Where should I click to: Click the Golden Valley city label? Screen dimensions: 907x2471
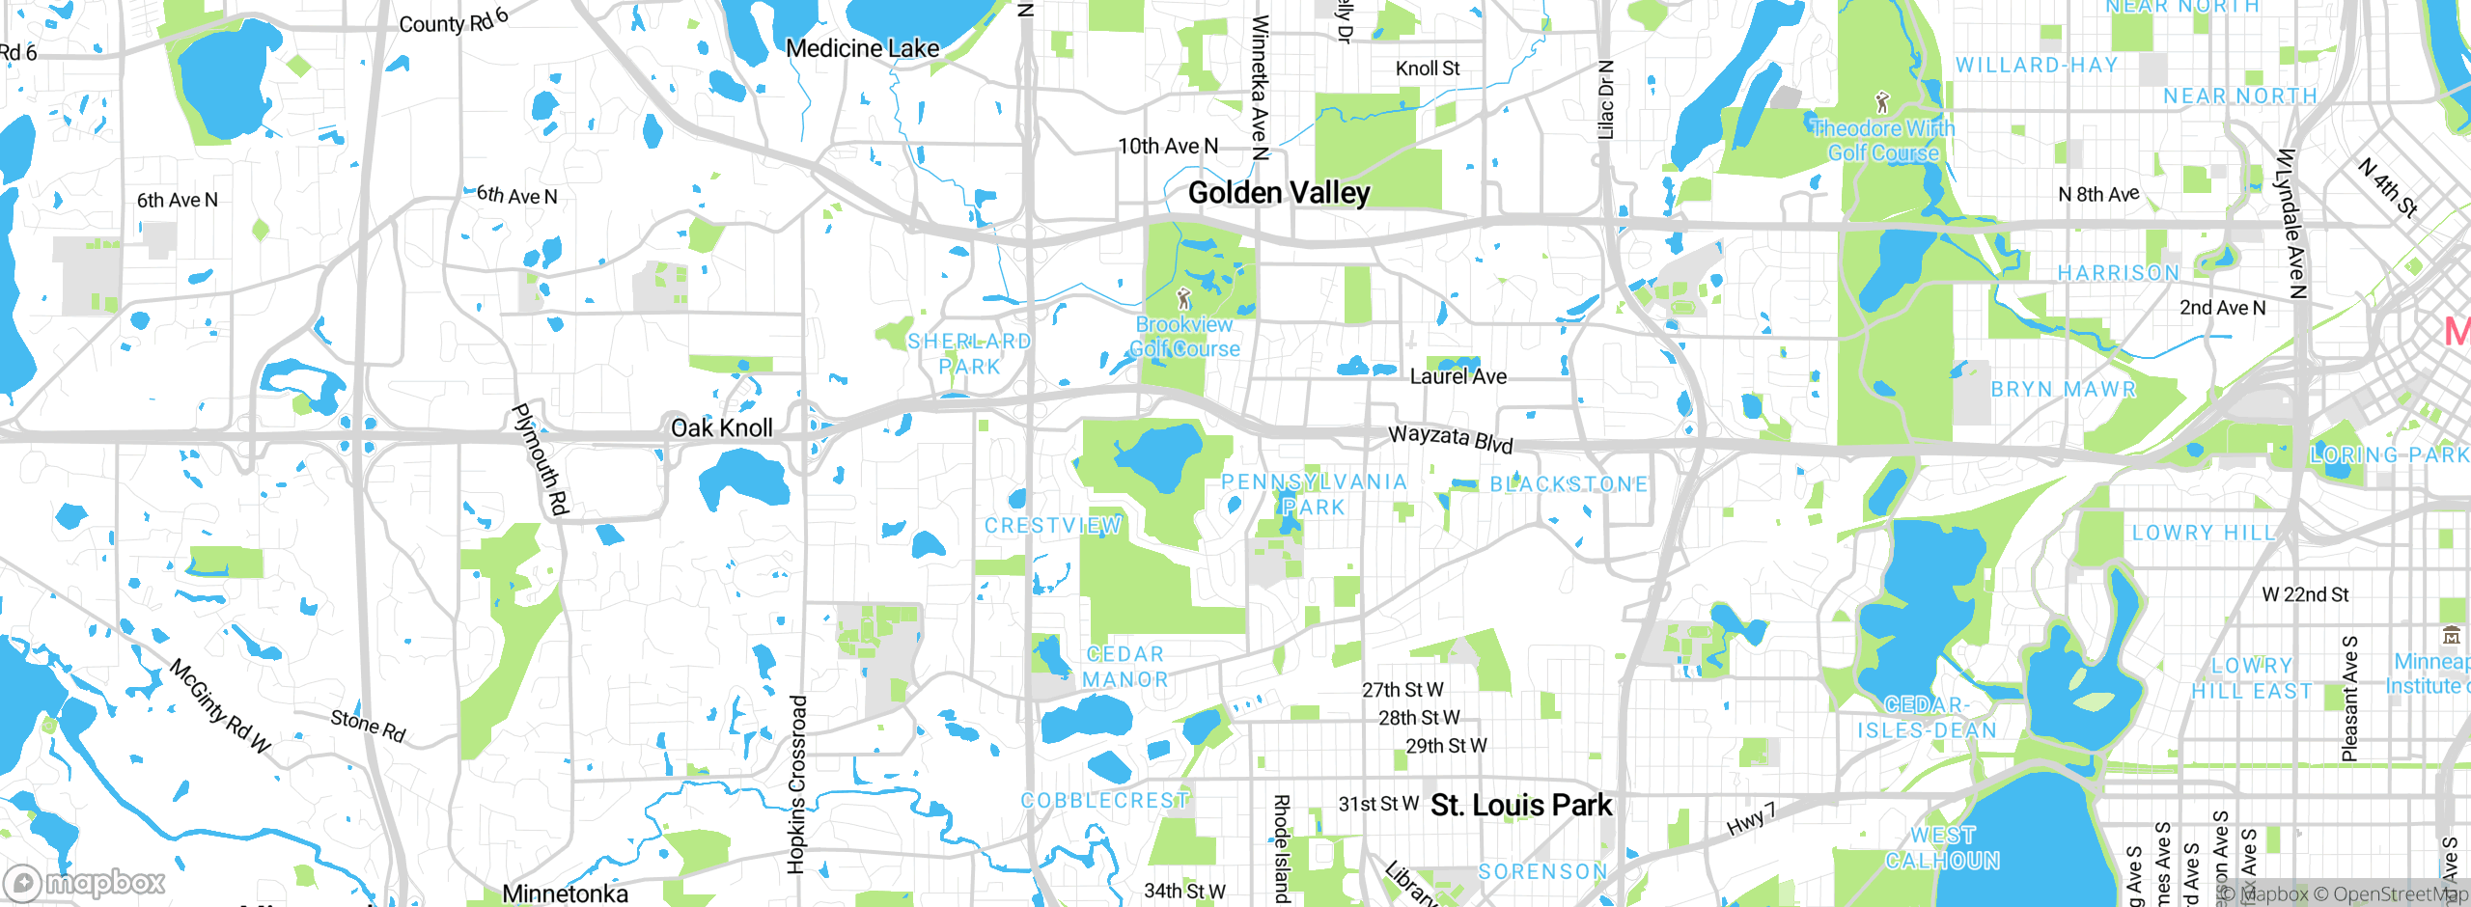[1278, 193]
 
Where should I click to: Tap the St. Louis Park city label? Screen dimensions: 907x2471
[1520, 805]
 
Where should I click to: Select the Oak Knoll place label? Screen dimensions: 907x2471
[721, 427]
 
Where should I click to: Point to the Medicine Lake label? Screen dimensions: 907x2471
[862, 48]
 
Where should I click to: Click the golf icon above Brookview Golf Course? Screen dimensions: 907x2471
[1184, 298]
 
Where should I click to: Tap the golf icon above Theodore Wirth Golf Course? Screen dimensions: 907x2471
[1881, 101]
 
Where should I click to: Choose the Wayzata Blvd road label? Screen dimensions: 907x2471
[1450, 439]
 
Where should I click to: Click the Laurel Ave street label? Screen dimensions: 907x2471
[1458, 376]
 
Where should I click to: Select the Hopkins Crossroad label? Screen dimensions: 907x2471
[796, 783]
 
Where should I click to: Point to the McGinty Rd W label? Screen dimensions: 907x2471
[220, 706]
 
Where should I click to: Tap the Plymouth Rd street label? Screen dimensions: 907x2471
[541, 459]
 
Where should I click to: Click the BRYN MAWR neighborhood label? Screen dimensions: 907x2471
[2064, 389]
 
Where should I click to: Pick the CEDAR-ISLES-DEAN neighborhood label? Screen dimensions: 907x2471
[1927, 718]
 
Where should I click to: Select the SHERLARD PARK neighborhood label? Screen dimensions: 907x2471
[969, 353]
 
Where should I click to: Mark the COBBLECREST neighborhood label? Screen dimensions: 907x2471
[1104, 800]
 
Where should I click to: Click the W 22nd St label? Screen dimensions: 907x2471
[2305, 594]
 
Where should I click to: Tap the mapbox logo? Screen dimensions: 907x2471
[85, 882]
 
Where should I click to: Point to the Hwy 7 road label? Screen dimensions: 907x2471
[1750, 818]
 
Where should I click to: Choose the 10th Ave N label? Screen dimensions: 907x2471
[1168, 146]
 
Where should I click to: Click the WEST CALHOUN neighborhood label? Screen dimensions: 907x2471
[1942, 847]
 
